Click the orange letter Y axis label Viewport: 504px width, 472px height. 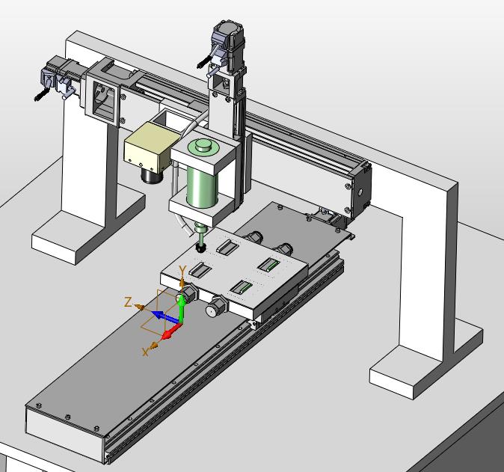182,271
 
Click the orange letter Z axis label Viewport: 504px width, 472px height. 128,302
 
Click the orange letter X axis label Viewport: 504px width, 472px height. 146,352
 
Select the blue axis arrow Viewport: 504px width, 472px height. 165,316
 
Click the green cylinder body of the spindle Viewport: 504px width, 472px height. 202,186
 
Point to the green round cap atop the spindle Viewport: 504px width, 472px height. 203,147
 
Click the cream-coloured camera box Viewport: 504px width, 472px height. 150,147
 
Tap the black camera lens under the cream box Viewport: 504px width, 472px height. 153,176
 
